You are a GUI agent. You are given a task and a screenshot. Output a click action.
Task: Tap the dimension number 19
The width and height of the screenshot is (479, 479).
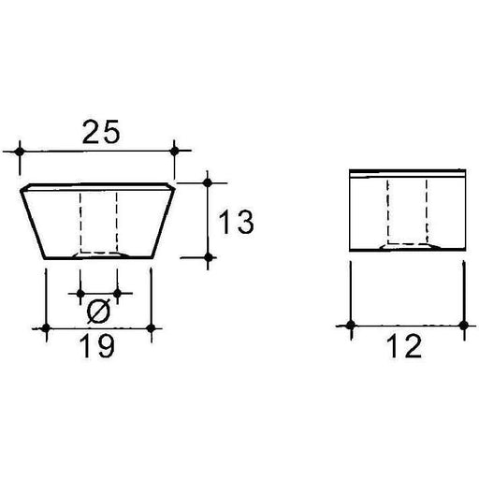pyautogui.click(x=97, y=347)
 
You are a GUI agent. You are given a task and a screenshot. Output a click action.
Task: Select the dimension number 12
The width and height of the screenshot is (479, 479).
pyautogui.click(x=405, y=347)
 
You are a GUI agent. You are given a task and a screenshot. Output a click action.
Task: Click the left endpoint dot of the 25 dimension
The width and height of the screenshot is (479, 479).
pyautogui.click(x=19, y=150)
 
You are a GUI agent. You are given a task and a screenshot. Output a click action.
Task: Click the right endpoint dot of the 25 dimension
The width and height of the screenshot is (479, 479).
pyautogui.click(x=175, y=150)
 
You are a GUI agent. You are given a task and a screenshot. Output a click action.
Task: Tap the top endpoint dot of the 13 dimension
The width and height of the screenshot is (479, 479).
pyautogui.click(x=208, y=181)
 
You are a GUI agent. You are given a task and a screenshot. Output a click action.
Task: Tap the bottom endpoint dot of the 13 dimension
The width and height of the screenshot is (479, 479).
pyautogui.click(x=208, y=255)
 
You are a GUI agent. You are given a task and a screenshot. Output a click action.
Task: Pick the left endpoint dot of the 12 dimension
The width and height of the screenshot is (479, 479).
pyautogui.click(x=349, y=326)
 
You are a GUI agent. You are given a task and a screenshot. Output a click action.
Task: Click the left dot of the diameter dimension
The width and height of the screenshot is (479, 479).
pyautogui.click(x=81, y=293)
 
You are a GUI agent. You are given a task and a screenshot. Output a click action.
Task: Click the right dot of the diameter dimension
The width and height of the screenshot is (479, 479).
pyautogui.click(x=117, y=293)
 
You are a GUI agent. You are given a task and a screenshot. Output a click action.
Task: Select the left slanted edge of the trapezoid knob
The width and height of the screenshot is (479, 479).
pyautogui.click(x=33, y=220)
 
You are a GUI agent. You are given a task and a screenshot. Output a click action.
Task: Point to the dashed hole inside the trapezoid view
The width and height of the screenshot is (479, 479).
pyautogui.click(x=99, y=223)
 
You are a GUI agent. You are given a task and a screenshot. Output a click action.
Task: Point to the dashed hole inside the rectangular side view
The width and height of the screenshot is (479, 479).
pyautogui.click(x=406, y=213)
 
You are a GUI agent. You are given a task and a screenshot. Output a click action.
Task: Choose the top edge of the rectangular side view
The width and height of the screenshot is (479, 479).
pyautogui.click(x=406, y=173)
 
